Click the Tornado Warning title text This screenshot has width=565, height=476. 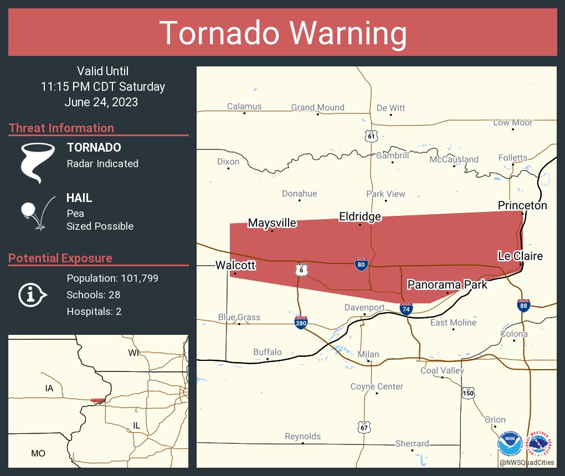282,33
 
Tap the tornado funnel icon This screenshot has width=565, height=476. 37,162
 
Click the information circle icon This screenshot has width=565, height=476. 32,294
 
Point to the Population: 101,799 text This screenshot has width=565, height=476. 112,278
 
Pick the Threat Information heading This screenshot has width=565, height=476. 61,128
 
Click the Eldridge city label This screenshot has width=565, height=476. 360,216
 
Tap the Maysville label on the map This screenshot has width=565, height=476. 272,223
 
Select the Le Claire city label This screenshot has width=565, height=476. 520,256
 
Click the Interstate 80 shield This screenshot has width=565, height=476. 361,265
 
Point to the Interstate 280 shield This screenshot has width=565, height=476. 301,323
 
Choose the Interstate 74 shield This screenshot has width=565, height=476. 406,309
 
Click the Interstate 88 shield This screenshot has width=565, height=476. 523,306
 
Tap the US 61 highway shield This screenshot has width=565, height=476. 371,136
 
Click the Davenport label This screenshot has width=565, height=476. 364,307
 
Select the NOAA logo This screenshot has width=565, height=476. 510,444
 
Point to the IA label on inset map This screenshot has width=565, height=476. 49,389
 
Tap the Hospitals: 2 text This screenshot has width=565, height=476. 94,311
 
